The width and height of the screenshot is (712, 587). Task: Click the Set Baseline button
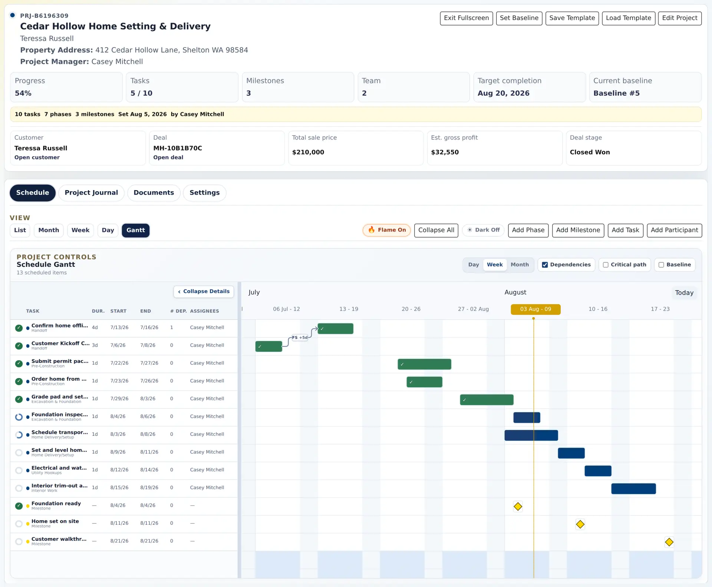519,18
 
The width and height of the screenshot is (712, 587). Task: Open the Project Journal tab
91,193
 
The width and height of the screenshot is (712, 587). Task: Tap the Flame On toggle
386,230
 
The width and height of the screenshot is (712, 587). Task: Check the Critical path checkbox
606,265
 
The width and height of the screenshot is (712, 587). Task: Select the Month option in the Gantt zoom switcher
520,265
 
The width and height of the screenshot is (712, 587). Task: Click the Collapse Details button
204,292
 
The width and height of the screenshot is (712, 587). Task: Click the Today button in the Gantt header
684,293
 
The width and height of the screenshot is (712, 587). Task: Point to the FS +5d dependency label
300,338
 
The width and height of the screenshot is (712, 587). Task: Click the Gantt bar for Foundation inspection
527,418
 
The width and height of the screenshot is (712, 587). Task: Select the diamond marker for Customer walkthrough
669,542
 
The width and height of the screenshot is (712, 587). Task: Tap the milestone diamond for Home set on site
580,524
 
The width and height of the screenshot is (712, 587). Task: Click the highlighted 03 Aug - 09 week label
535,309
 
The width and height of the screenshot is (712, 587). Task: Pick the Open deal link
168,157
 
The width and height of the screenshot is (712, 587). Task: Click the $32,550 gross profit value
445,152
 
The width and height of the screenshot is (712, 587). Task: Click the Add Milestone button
578,230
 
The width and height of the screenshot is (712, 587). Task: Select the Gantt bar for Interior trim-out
633,489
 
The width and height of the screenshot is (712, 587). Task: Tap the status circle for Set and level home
19,452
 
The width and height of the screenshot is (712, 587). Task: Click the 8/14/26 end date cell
149,470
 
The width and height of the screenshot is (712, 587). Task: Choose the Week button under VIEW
80,230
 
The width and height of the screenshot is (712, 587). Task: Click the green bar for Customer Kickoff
268,346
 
